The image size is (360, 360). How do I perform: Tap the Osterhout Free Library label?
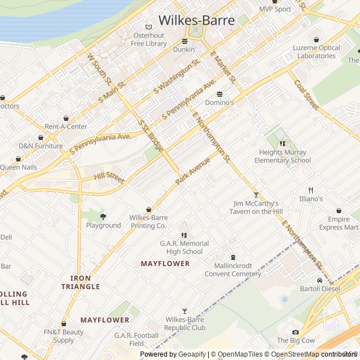pyautogui.click(x=148, y=39)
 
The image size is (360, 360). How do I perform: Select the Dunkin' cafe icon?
pyautogui.click(x=184, y=41)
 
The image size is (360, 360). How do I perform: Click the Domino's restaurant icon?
pyautogui.click(x=219, y=94)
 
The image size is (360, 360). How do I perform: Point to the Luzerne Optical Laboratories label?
pyautogui.click(x=316, y=52)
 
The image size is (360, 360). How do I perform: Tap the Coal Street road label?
pyautogui.click(x=307, y=94)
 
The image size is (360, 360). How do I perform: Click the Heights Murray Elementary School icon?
pyautogui.click(x=282, y=144)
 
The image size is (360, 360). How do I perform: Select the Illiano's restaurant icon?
pyautogui.click(x=310, y=190)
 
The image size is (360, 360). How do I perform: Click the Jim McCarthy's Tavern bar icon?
pyautogui.click(x=256, y=195)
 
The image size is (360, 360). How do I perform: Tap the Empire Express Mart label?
pyautogui.click(x=339, y=223)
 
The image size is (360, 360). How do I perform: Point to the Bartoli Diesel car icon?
pyautogui.click(x=319, y=280)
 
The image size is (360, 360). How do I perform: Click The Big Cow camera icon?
pyautogui.click(x=295, y=332)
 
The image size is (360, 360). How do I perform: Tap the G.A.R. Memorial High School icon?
pyautogui.click(x=184, y=235)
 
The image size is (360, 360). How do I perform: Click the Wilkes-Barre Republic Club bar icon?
pyautogui.click(x=184, y=311)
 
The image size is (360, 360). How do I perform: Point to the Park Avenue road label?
pyautogui.click(x=192, y=172)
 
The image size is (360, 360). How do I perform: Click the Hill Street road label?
pyautogui.click(x=109, y=178)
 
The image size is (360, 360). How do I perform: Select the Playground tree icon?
pyautogui.click(x=103, y=217)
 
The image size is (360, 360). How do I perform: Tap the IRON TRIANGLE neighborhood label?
pyautogui.click(x=80, y=282)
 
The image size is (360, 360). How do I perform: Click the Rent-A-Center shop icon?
pyautogui.click(x=66, y=118)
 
